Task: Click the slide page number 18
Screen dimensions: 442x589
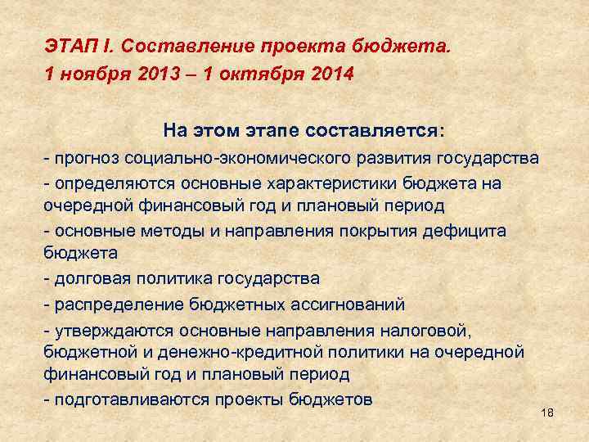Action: coord(547,413)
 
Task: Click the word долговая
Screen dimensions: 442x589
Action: coord(88,278)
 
